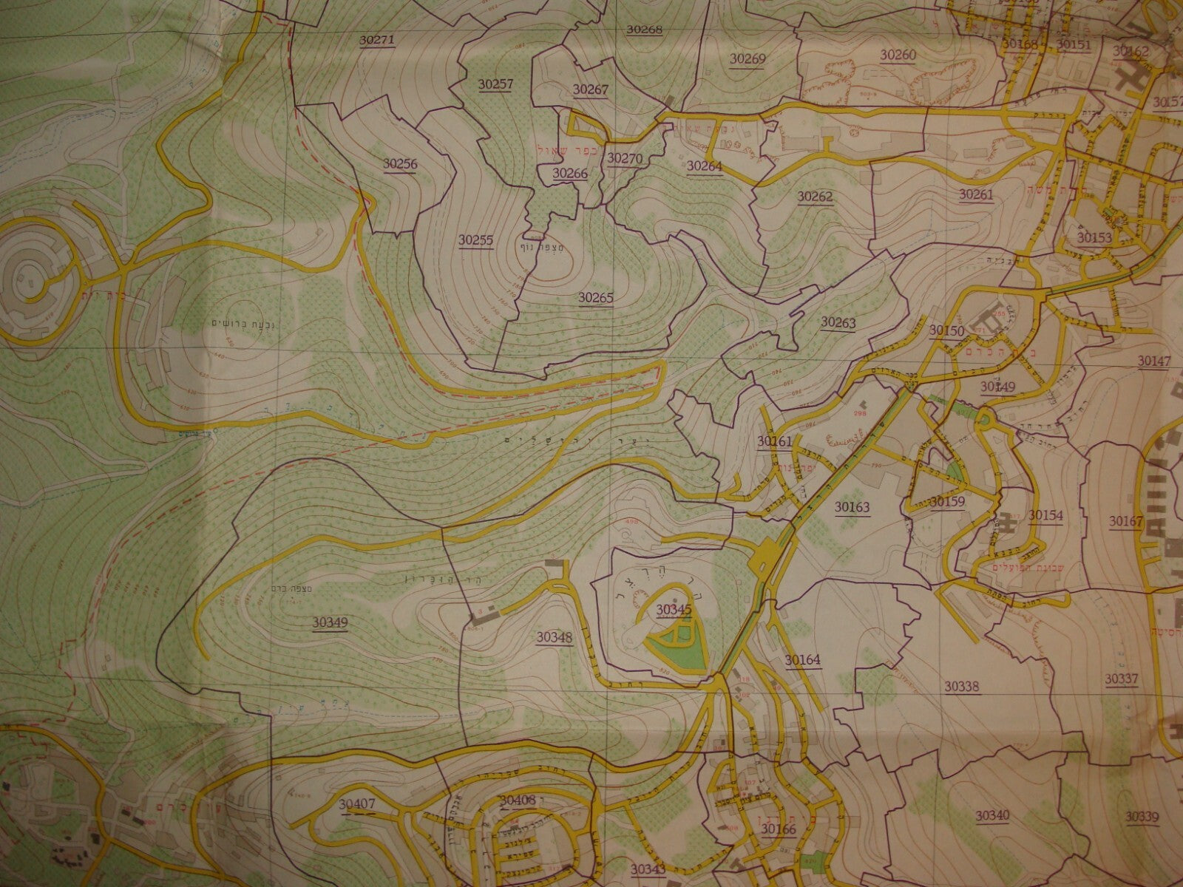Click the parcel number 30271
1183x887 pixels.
[377, 41]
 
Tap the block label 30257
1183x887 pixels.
[496, 84]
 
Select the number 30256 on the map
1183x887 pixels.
[400, 164]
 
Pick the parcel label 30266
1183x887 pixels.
[569, 173]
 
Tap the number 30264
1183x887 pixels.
[704, 166]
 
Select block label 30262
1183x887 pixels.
[815, 196]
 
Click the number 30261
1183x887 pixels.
[976, 194]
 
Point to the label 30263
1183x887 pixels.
[838, 322]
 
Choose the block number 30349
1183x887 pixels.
[330, 622]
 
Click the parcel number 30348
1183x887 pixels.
[555, 636]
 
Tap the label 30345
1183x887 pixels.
[674, 609]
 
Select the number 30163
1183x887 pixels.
[852, 507]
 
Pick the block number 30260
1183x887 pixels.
[898, 55]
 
